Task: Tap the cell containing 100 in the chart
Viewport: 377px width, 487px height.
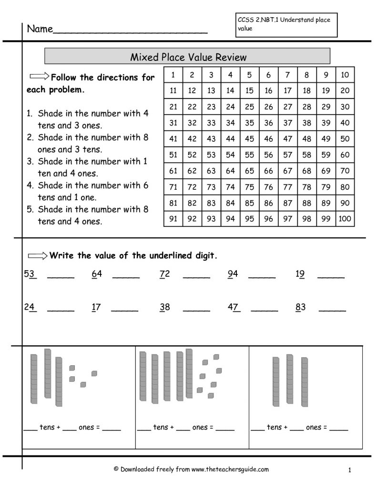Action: [x=345, y=219]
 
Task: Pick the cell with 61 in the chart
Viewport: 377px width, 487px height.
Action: [x=173, y=171]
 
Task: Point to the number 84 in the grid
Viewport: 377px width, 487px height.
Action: [x=230, y=203]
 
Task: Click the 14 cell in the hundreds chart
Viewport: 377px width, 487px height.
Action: [x=230, y=90]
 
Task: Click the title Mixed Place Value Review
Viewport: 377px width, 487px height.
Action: [x=188, y=57]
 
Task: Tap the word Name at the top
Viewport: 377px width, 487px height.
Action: [x=40, y=29]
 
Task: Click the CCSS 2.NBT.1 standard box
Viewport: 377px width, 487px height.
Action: [x=286, y=24]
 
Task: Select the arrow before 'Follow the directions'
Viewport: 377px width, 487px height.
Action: [x=39, y=77]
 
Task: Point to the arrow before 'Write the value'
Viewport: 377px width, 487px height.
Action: [x=38, y=256]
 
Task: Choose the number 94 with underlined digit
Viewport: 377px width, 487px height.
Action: [x=233, y=273]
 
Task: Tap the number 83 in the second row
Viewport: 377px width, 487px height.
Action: [x=300, y=307]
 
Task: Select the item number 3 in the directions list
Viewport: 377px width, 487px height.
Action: [x=30, y=161]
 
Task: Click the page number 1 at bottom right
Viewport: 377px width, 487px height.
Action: [x=349, y=470]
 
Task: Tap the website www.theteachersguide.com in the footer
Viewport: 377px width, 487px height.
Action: [x=230, y=469]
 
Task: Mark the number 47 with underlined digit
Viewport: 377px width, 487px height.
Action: [x=234, y=307]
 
